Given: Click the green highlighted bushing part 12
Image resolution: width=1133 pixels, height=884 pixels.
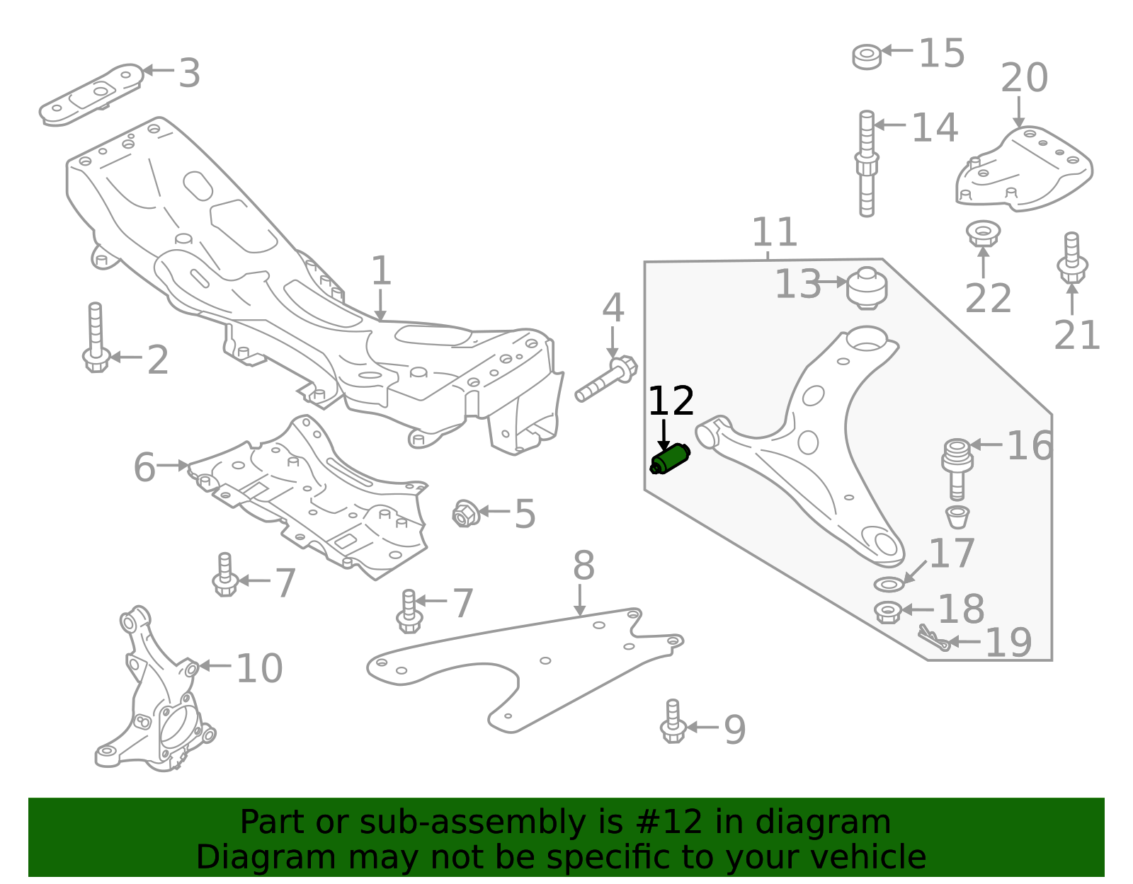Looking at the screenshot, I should point(671,459).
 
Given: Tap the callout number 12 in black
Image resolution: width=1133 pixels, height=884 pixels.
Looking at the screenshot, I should point(671,401).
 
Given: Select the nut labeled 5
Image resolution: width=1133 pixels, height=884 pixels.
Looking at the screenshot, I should point(465,513).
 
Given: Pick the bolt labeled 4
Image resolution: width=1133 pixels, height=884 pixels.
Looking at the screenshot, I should point(607,379).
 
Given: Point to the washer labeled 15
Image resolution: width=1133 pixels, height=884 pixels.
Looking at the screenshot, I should point(867,56).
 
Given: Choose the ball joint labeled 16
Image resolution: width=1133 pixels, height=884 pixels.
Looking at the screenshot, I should point(957,467).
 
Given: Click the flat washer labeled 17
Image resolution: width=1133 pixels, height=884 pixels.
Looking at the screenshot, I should point(889,585).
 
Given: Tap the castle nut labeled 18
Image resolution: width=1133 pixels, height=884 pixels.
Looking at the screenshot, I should point(887,612).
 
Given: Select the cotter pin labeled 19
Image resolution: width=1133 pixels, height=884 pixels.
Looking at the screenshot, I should point(933,638).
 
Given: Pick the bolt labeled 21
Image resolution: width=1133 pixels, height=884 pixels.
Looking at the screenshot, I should point(1072,259).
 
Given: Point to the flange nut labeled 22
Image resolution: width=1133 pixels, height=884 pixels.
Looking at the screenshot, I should point(983,233).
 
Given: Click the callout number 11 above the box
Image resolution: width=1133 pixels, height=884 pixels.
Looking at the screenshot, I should point(774,231).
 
